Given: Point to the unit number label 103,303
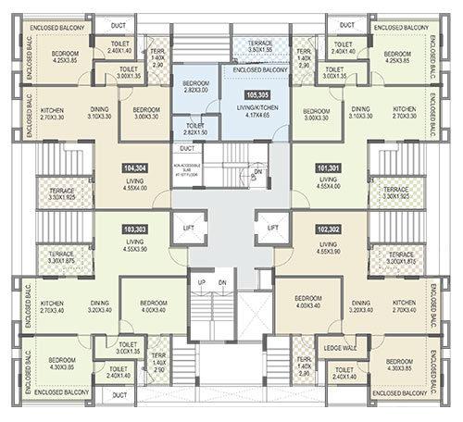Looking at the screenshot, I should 135,227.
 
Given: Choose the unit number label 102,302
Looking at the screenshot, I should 327,227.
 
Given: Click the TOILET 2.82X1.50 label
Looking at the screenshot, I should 195,128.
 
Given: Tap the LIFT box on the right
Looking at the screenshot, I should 272,226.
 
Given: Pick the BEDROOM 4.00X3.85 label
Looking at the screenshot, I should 399,364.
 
